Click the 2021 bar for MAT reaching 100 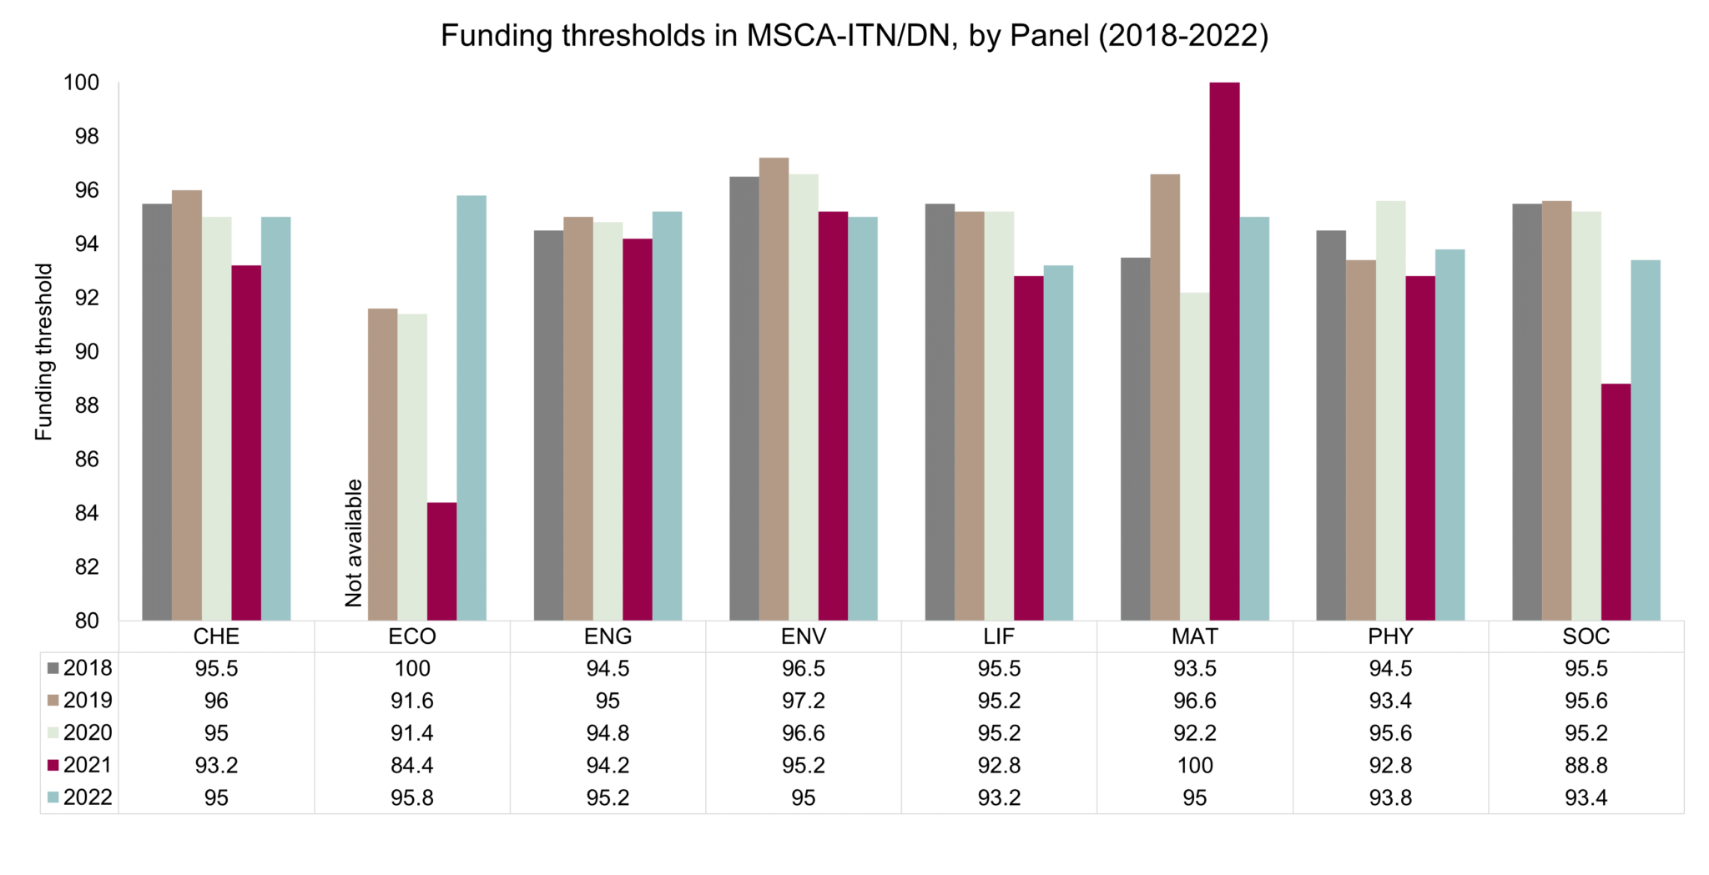pyautogui.click(x=1224, y=350)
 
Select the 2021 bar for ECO pyautogui.click(x=441, y=561)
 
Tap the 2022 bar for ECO pyautogui.click(x=471, y=409)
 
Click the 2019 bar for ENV pyautogui.click(x=774, y=389)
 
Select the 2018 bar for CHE pyautogui.click(x=157, y=412)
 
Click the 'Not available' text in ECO pyautogui.click(x=354, y=543)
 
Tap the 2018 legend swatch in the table pyautogui.click(x=53, y=668)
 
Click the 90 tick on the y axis pyautogui.click(x=86, y=351)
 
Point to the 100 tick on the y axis pyautogui.click(x=81, y=83)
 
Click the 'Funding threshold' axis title pyautogui.click(x=43, y=351)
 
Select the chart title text pyautogui.click(x=854, y=36)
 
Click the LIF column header pyautogui.click(x=999, y=636)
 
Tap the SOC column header pyautogui.click(x=1585, y=636)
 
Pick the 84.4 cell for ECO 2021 pyautogui.click(x=412, y=765)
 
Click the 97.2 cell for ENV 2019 pyautogui.click(x=803, y=701)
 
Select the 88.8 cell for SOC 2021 pyautogui.click(x=1585, y=765)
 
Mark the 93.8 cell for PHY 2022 pyautogui.click(x=1390, y=797)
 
